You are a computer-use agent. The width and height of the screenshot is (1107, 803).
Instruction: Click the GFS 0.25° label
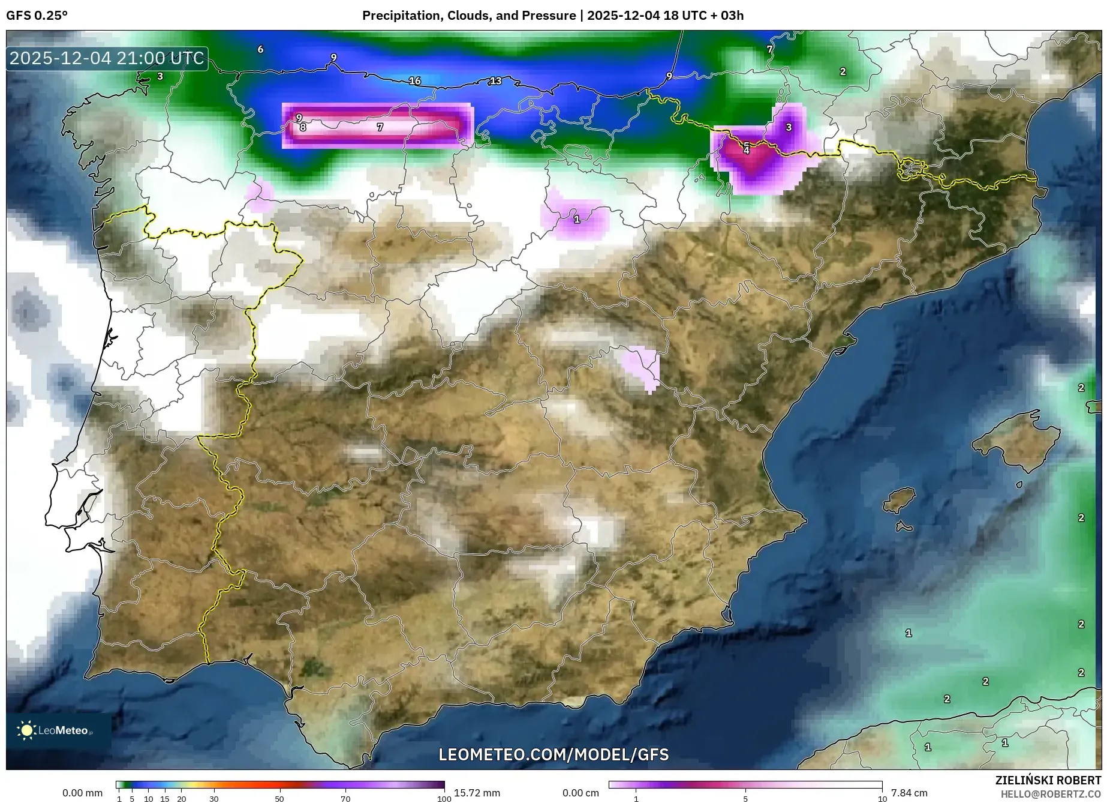click(37, 16)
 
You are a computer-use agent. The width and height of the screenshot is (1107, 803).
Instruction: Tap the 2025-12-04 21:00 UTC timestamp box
click(107, 58)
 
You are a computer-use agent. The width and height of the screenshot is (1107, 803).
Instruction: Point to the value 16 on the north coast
click(415, 81)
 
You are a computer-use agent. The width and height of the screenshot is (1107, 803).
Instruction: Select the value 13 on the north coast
click(495, 81)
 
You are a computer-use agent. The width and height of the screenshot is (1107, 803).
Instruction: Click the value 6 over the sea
click(260, 49)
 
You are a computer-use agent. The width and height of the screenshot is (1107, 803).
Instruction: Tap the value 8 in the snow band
click(303, 127)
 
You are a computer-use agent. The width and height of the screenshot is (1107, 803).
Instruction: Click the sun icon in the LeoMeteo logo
click(27, 730)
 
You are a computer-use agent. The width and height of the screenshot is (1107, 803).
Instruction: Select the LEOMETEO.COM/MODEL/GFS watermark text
click(553, 754)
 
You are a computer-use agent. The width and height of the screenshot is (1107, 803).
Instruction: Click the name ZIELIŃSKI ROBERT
click(1048, 781)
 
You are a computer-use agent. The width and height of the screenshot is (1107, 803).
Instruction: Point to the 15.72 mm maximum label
click(477, 793)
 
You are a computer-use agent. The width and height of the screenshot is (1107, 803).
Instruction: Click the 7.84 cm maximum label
click(909, 793)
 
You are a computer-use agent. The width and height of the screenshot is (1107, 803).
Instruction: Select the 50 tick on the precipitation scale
click(279, 799)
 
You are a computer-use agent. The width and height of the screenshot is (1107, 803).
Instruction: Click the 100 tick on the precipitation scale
click(444, 799)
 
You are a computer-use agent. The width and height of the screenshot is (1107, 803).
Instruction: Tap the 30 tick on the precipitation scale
click(214, 799)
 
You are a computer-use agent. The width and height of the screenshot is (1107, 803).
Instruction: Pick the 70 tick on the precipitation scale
click(345, 799)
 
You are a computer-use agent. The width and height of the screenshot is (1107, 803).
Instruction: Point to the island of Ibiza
click(900, 500)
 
